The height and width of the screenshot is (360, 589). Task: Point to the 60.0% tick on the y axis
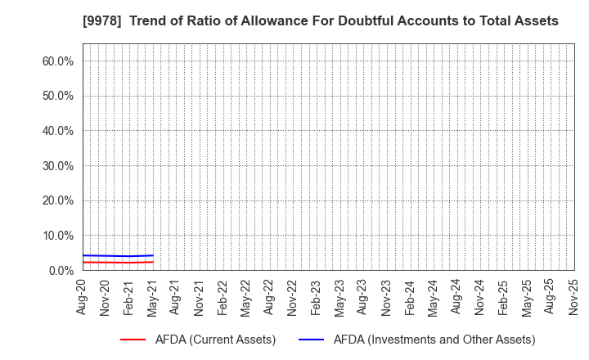57,61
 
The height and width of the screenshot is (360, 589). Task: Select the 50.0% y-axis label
57,96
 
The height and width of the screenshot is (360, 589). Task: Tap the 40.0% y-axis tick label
57,131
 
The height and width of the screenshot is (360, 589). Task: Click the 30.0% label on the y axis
57,166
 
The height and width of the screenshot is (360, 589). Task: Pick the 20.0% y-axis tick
57,200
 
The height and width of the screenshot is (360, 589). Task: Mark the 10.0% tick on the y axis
57,236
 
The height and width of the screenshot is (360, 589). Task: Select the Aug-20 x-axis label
83,297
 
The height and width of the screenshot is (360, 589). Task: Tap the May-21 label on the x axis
153,297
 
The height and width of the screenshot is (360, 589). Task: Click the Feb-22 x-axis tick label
223,297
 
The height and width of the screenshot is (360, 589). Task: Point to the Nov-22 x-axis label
293,297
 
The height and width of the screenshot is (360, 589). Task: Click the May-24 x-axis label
433,297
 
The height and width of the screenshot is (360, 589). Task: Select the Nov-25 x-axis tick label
573,297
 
